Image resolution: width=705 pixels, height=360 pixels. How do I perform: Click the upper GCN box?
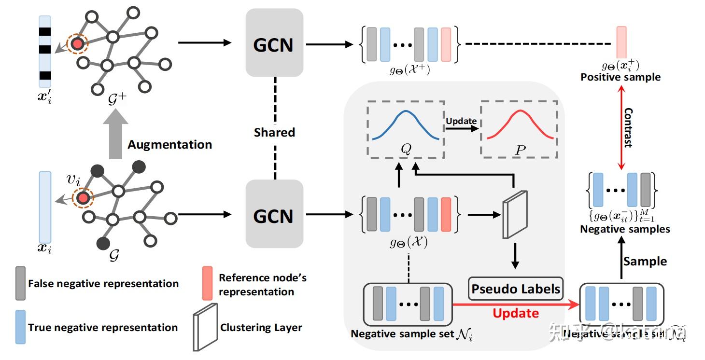coord(274,43)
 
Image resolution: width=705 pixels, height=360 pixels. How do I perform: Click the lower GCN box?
coord(274,214)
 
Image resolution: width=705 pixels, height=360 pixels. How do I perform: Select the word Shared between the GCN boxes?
coord(274,132)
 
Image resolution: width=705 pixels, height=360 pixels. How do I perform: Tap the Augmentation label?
coord(169,144)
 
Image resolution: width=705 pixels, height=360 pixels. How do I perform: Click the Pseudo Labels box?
coord(516,289)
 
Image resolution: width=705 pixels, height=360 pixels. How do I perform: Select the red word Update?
coord(516,313)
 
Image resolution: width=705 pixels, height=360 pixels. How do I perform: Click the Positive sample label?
coord(620,77)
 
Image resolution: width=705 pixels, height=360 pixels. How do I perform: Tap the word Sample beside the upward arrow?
coord(645,262)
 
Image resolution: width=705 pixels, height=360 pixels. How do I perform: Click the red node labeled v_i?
coord(83,198)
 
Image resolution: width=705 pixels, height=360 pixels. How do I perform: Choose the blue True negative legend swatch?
coord(20,327)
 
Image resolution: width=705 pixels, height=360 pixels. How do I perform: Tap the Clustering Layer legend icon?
coord(205,327)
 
